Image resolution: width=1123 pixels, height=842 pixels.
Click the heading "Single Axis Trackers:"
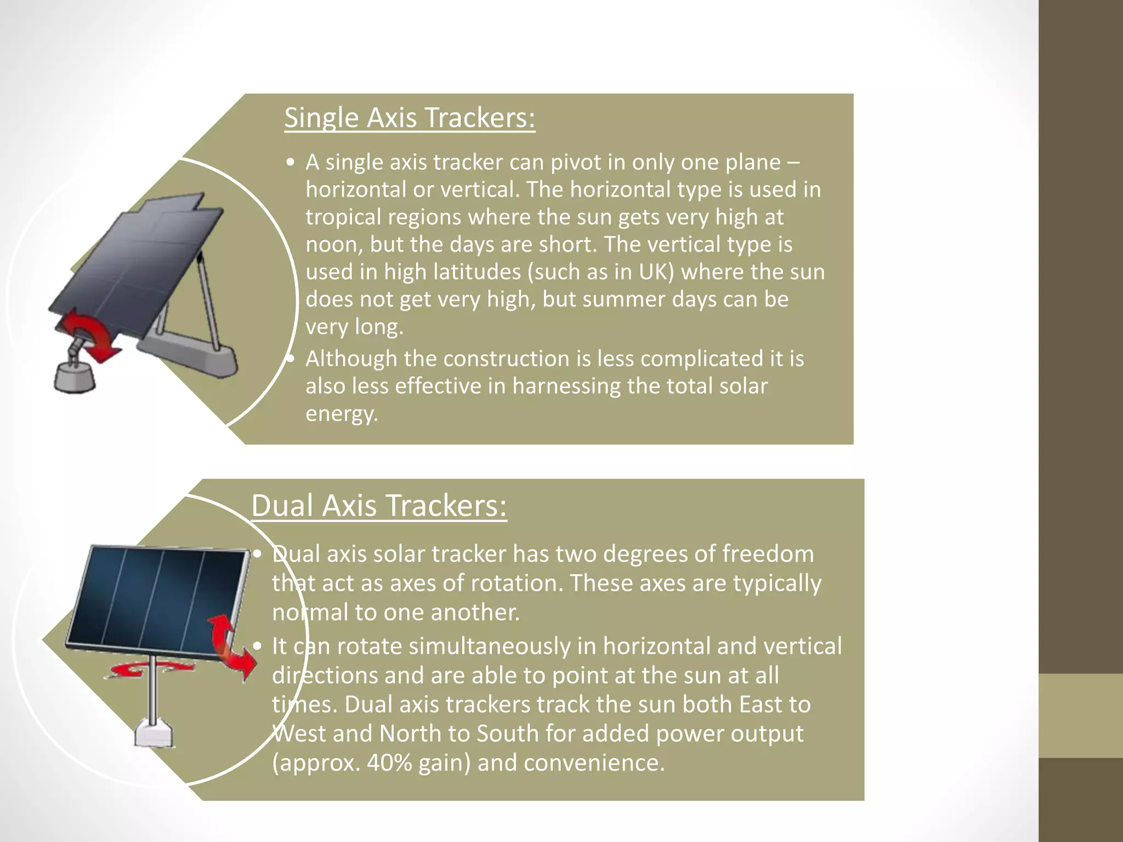pyautogui.click(x=409, y=118)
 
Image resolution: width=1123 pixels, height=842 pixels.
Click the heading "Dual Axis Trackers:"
pyautogui.click(x=378, y=505)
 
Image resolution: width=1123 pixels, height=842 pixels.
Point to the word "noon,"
pyautogui.click(x=333, y=244)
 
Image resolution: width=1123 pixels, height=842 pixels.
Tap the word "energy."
pyautogui.click(x=342, y=414)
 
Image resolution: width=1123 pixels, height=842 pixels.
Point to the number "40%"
pyautogui.click(x=389, y=763)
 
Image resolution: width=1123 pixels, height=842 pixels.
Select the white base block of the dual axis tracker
pyautogui.click(x=154, y=733)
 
